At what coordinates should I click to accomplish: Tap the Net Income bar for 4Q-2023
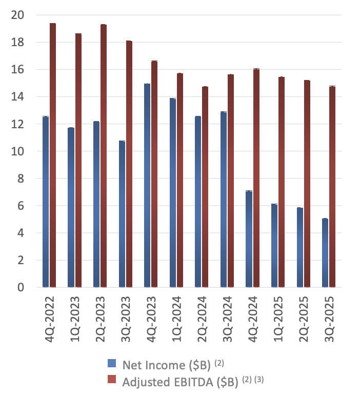tap(147, 185)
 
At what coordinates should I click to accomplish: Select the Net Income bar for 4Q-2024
tap(249, 239)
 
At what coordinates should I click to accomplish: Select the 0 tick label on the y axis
tap(21, 288)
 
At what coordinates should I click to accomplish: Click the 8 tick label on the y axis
tap(21, 179)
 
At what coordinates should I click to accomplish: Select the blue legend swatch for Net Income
tap(112, 364)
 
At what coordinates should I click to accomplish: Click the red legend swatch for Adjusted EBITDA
tap(112, 381)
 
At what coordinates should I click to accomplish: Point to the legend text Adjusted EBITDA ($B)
tap(179, 381)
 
